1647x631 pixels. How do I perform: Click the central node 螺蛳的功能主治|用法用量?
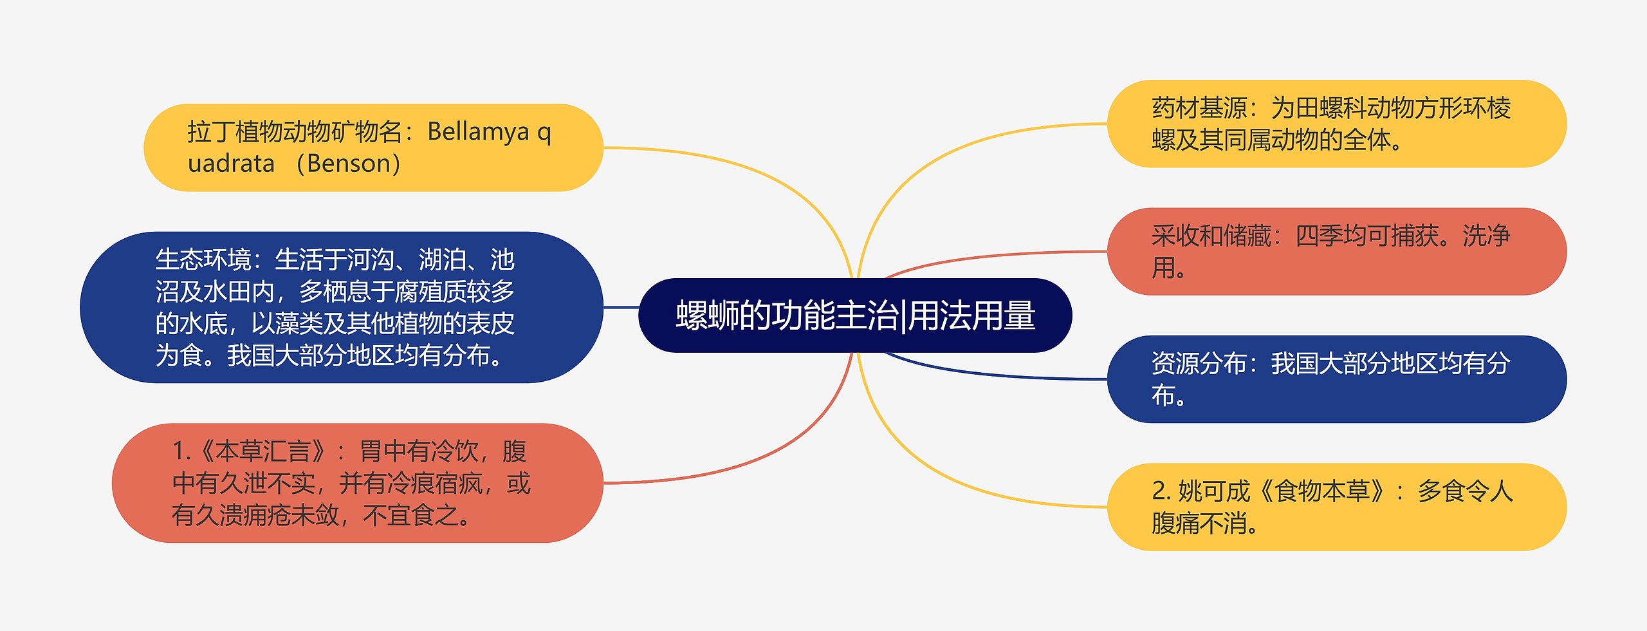coord(854,315)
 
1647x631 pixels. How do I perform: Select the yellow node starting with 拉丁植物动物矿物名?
coord(373,147)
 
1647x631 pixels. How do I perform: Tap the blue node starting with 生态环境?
coord(341,307)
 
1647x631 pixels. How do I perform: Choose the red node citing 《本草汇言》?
coord(357,483)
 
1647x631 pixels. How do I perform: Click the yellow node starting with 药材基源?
coord(1336,124)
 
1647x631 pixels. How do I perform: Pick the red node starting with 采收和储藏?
coord(1336,251)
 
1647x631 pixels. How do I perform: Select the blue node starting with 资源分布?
coord(1336,379)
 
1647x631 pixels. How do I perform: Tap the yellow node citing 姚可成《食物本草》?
coord(1336,507)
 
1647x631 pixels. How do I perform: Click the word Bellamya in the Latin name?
coord(478,132)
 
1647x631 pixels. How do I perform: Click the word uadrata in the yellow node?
coord(231,164)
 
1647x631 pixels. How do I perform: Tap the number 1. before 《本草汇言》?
coord(181,451)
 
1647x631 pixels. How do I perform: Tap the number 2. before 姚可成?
coord(1161,491)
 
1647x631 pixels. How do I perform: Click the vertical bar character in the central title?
coord(903,317)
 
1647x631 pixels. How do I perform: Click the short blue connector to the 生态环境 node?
coord(621,308)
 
